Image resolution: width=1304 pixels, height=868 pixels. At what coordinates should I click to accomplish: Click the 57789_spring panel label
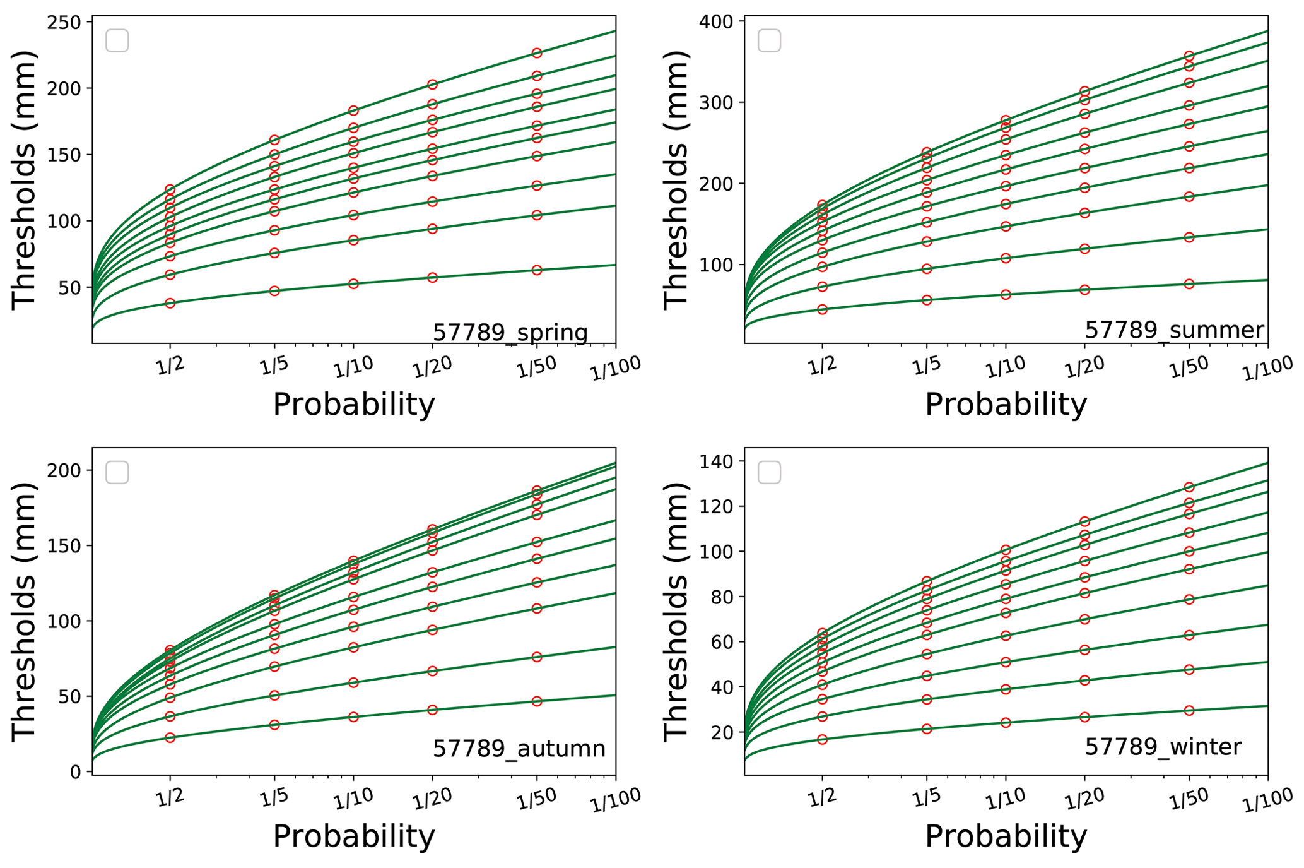[x=510, y=332]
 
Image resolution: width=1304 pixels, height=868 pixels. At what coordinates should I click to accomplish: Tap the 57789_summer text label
[x=1174, y=330]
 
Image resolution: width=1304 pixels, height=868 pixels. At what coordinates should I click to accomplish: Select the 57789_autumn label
[x=519, y=748]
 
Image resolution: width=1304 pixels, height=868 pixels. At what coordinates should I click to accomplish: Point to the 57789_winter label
[x=1163, y=747]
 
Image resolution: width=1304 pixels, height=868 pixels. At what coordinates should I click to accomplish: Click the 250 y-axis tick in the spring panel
[x=64, y=23]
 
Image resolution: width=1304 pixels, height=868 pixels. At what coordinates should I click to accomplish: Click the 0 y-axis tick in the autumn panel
[x=76, y=771]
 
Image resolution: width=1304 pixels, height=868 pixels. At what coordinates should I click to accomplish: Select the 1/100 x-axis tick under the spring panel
[x=615, y=368]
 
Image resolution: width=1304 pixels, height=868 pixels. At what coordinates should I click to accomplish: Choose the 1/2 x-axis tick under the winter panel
[x=822, y=798]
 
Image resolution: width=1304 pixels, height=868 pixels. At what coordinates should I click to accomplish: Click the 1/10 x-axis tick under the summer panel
[x=1006, y=367]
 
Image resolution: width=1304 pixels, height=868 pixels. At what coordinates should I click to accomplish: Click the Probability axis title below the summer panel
[x=1006, y=404]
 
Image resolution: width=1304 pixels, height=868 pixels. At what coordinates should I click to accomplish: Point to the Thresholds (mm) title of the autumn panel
[x=24, y=611]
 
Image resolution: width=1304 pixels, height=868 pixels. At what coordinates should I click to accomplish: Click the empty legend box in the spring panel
[x=117, y=40]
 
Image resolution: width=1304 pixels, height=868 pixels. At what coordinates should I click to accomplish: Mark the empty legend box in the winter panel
[x=769, y=472]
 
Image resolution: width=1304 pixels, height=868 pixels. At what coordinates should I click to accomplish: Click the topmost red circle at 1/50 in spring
[x=537, y=53]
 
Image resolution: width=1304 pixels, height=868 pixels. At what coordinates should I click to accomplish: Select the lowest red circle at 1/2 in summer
[x=822, y=309]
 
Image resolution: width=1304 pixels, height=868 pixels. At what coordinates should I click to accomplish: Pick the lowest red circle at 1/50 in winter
[x=1189, y=710]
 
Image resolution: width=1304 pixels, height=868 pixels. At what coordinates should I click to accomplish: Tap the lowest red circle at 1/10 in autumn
[x=353, y=717]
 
